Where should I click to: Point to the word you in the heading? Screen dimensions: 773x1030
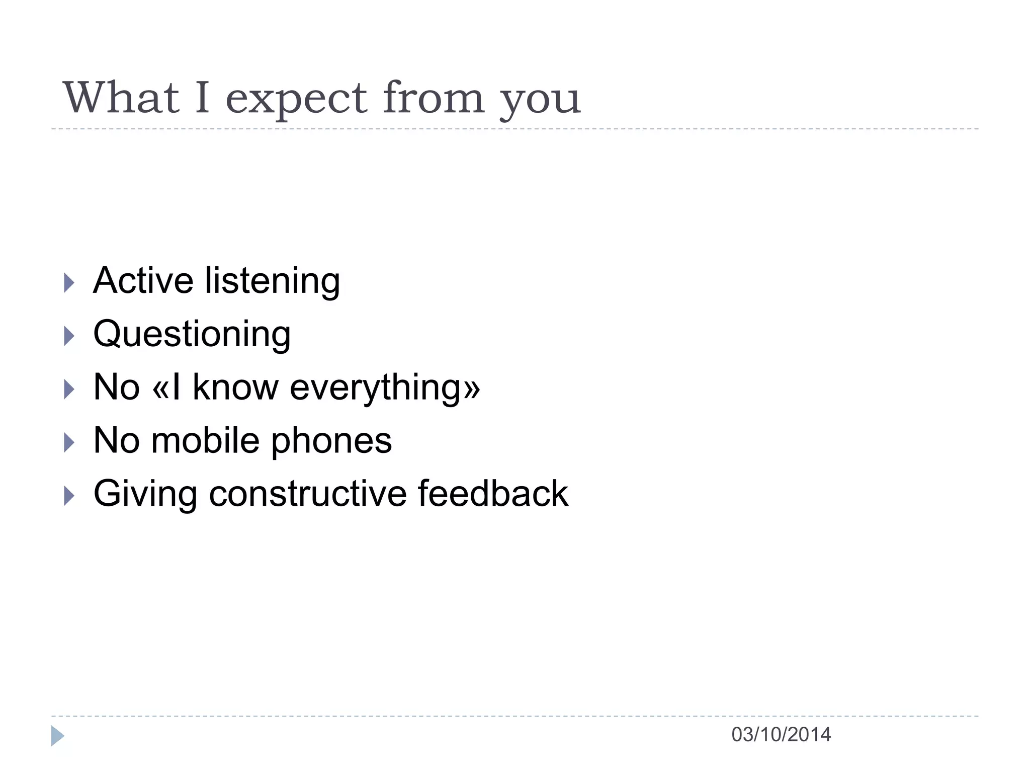point(540,101)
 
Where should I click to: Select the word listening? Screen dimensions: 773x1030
point(272,282)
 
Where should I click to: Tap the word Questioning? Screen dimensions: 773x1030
point(192,335)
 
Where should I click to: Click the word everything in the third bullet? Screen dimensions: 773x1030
point(385,389)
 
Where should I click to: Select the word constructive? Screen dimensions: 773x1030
point(307,494)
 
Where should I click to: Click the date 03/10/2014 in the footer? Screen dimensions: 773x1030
point(781,735)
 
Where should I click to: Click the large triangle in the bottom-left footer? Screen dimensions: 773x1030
point(57,736)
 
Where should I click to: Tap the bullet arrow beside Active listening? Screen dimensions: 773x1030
point(69,283)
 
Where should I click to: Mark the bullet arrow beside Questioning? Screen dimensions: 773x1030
point(69,336)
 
